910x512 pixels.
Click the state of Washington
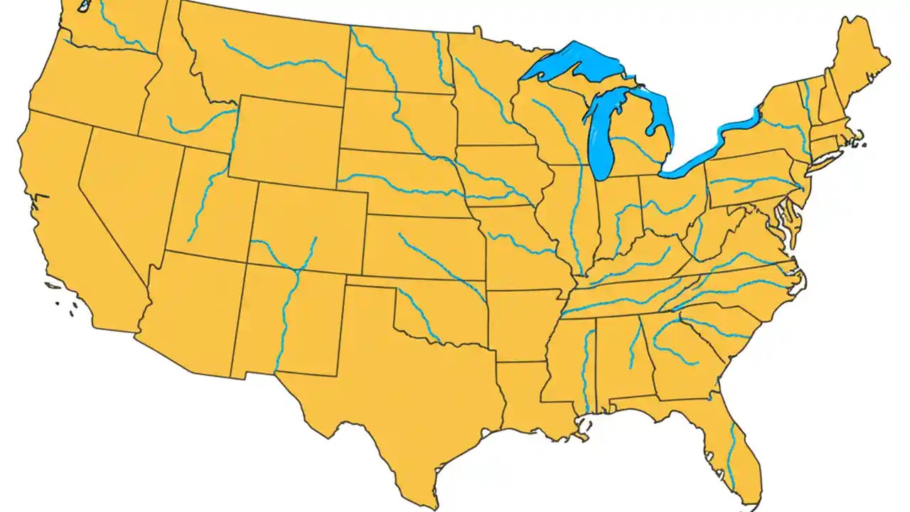[x=107, y=28]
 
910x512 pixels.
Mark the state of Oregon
[x=85, y=85]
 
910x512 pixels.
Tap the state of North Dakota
[x=398, y=60]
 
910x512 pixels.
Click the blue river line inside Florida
[x=731, y=455]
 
